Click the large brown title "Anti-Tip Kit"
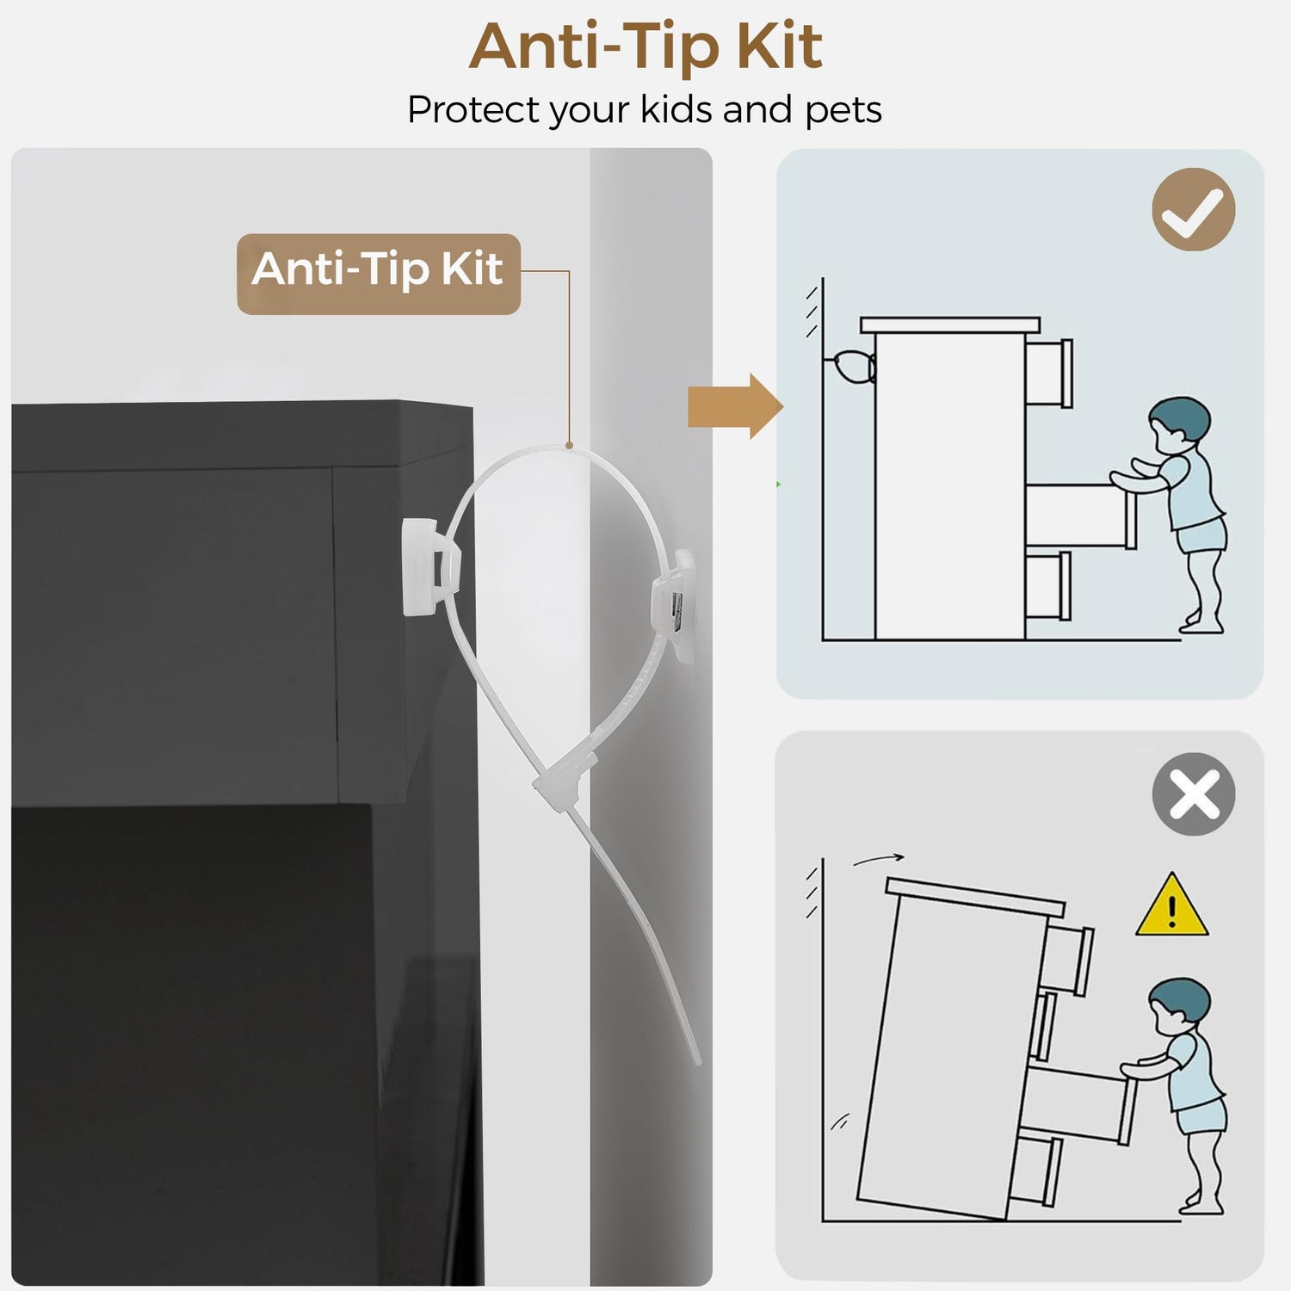point(645,47)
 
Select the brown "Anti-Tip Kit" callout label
point(379,274)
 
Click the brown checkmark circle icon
point(1194,209)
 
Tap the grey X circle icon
point(1194,794)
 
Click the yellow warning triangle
point(1171,905)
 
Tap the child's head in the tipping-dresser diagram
point(1179,1007)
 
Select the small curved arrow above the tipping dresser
point(879,859)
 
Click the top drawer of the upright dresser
point(1049,372)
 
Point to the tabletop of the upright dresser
point(950,324)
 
